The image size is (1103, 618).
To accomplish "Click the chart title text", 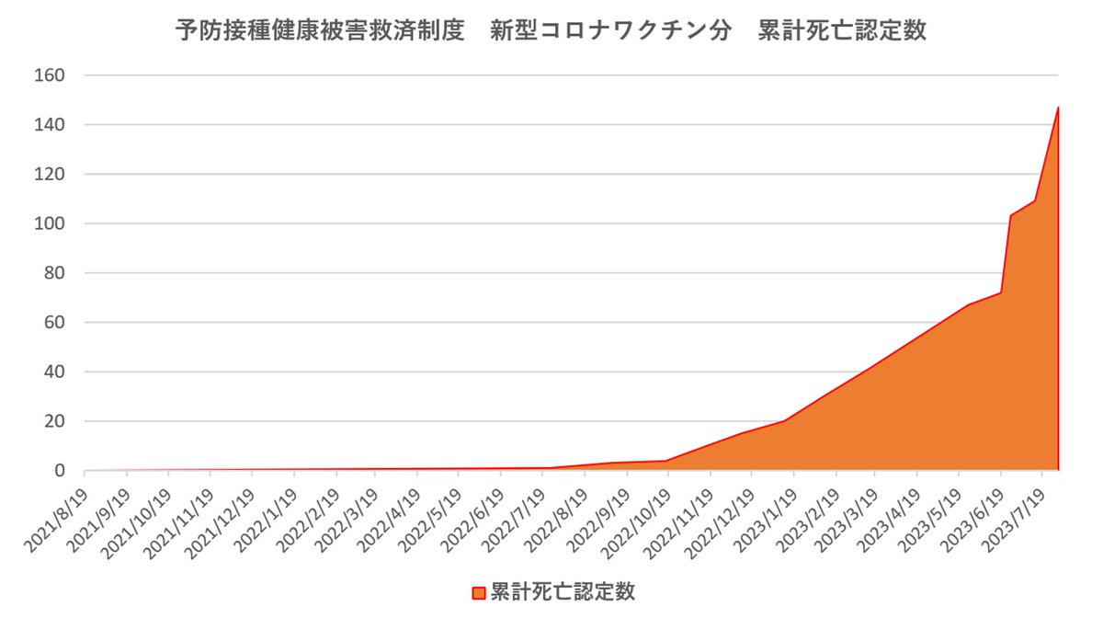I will click(x=551, y=30).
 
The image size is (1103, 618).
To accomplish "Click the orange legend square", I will click(x=478, y=591).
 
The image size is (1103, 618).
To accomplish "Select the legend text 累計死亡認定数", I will click(x=563, y=591).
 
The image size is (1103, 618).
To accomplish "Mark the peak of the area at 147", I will click(x=1058, y=108).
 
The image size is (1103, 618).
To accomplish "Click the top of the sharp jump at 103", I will click(x=1010, y=216).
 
